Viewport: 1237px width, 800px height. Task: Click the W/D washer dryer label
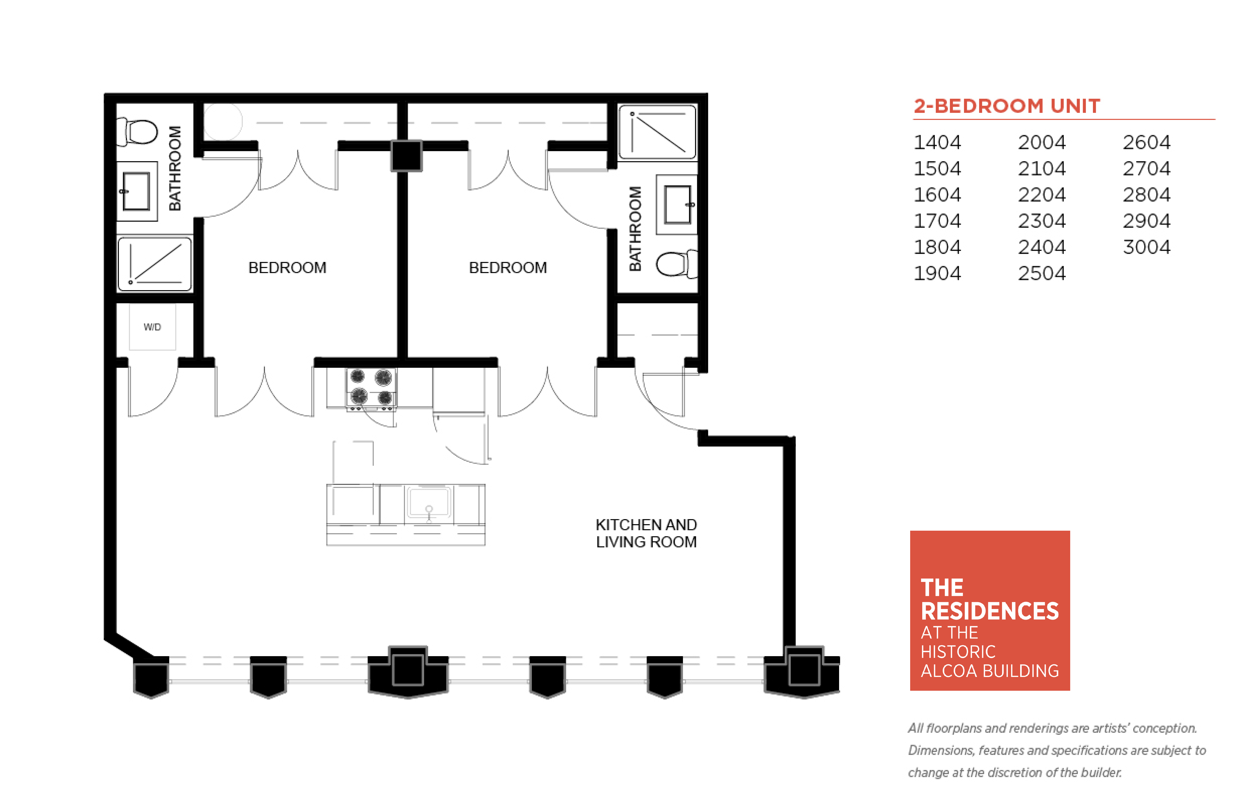point(152,327)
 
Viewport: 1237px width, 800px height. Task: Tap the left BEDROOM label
point(287,268)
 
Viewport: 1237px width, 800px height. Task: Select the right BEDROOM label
point(508,268)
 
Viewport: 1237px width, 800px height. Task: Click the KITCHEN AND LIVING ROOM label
point(646,533)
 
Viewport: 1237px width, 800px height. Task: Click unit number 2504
point(1042,273)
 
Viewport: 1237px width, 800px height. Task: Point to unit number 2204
point(1042,195)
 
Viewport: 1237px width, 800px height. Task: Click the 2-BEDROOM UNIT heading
point(1007,106)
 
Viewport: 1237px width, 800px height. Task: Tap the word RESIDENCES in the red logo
point(990,611)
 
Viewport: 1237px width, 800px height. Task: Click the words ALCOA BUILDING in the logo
point(990,671)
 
